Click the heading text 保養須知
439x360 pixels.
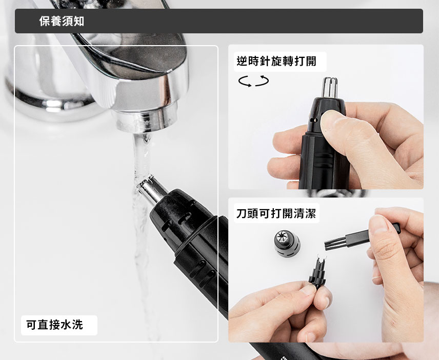pyautogui.click(x=62, y=21)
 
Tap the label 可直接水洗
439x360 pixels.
pyautogui.click(x=54, y=325)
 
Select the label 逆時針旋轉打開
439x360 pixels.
pyautogui.click(x=276, y=61)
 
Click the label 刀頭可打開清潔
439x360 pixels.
pyautogui.click(x=276, y=213)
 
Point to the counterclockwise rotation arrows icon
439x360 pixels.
pyautogui.click(x=253, y=81)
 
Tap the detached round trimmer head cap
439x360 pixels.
pyautogui.click(x=287, y=243)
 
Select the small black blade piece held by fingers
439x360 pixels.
pyautogui.click(x=318, y=272)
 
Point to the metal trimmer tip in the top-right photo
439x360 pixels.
pyautogui.click(x=330, y=87)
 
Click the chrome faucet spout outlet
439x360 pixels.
pyautogui.click(x=146, y=121)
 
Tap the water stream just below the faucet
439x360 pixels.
pyautogui.click(x=142, y=157)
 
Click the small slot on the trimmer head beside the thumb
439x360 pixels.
pyautogui.click(x=313, y=120)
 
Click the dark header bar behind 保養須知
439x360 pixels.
pyautogui.click(x=219, y=21)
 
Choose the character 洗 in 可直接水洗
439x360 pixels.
pyautogui.click(x=77, y=325)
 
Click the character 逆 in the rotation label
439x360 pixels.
pyautogui.click(x=242, y=61)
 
